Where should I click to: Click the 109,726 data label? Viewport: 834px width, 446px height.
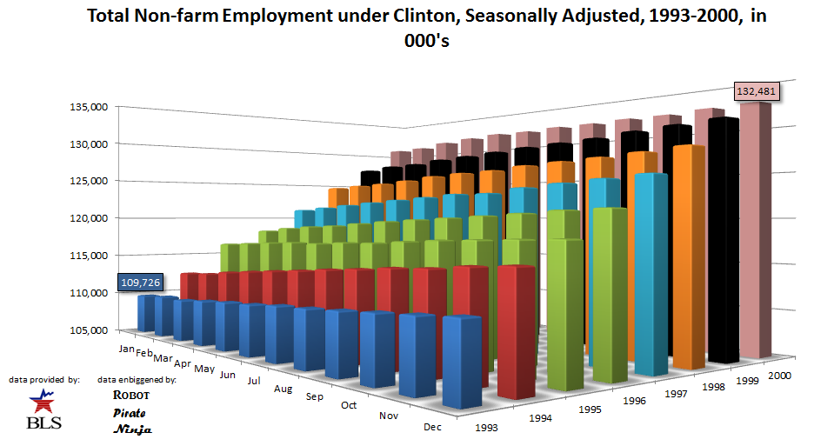pos(140,283)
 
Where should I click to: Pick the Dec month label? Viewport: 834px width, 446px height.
pos(432,427)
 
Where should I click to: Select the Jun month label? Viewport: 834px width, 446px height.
pos(228,375)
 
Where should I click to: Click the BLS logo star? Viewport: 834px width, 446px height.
pos(40,400)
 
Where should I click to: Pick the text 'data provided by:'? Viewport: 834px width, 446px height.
pos(44,380)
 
